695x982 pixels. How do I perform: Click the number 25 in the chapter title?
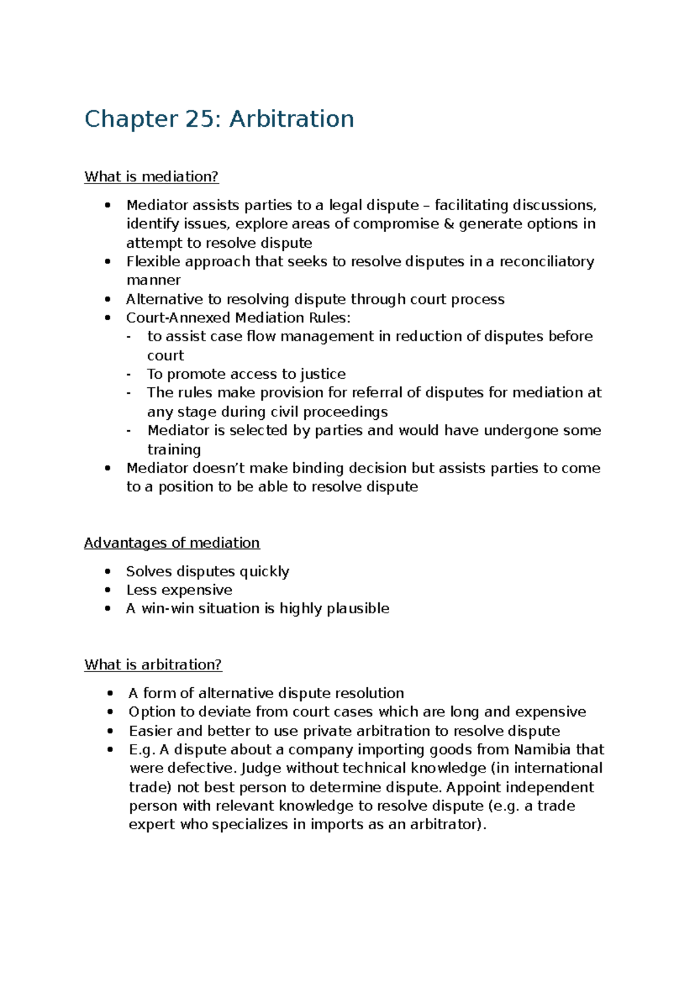pos(199,119)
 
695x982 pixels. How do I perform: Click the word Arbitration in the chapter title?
pos(291,119)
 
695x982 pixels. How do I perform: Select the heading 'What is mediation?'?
pos(151,177)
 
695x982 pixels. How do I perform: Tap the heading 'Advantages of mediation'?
pos(171,543)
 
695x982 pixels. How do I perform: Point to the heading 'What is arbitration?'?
pos(153,665)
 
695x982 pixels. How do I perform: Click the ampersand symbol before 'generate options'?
pos(448,224)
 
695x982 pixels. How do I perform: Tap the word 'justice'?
pos(323,375)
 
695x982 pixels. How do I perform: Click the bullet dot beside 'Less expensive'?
pos(107,590)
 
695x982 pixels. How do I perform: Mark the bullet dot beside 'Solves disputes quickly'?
pos(107,571)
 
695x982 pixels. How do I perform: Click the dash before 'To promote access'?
pos(129,374)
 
